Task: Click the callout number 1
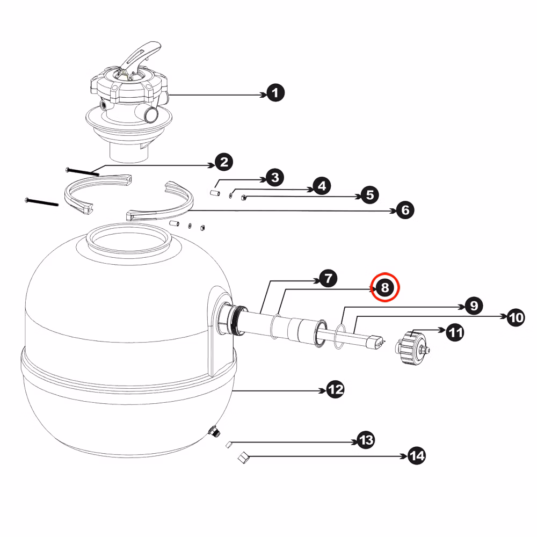tap(275, 93)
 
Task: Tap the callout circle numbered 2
tap(224, 162)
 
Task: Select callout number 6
tap(405, 210)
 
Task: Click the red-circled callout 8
tap(385, 287)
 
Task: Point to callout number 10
tap(516, 317)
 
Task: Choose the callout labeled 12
tap(335, 389)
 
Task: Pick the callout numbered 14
tap(417, 455)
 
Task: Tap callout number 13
tap(366, 440)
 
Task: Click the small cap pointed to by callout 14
tap(243, 458)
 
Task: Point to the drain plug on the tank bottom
tap(214, 431)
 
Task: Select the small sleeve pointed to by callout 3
tap(215, 193)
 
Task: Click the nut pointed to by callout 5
tap(244, 197)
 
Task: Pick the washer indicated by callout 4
tap(231, 195)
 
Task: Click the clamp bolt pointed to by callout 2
tap(82, 172)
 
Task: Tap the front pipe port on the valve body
tap(150, 114)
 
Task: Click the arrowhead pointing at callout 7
tap(316, 281)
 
